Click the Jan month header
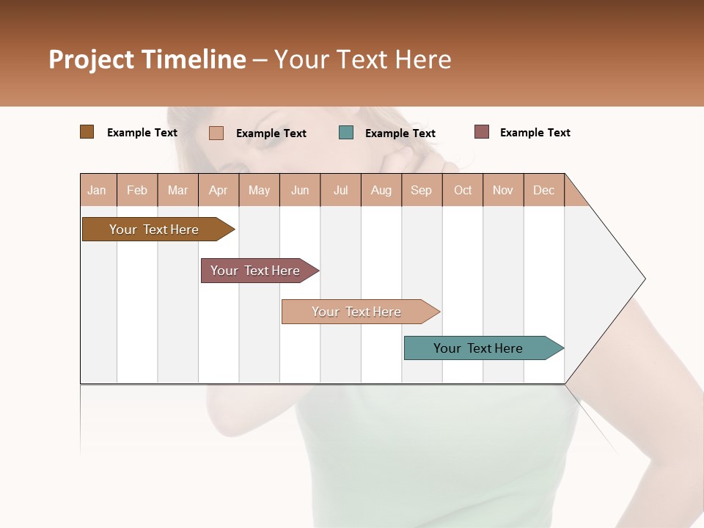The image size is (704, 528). pos(98,190)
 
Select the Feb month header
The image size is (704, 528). pos(137,190)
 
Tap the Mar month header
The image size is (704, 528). pos(177,190)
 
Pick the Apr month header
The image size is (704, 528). pos(219,190)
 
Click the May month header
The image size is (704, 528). pos(259,190)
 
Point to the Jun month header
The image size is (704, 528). pos(300,190)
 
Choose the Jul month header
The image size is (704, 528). pos(340,190)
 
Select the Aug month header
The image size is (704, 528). pos(381,190)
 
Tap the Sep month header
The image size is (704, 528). pos(422,190)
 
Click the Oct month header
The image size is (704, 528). pos(463,190)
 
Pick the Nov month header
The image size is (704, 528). pos(503,190)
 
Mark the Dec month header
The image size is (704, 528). pos(544,190)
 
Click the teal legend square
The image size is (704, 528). pos(346,133)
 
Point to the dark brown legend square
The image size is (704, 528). pos(87,132)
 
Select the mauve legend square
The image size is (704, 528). pos(482,132)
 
